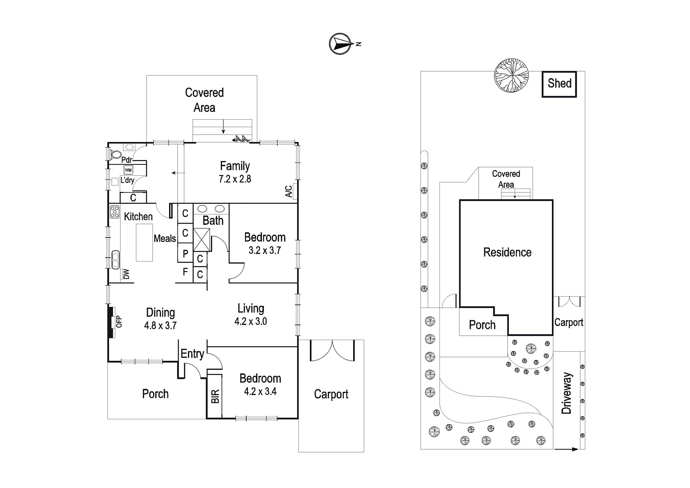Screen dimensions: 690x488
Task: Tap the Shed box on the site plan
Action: (559, 85)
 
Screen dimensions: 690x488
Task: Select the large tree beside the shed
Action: (511, 75)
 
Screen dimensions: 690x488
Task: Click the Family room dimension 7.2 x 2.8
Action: (235, 179)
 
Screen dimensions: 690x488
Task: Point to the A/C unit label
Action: (289, 191)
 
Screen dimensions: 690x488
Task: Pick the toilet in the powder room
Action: (116, 154)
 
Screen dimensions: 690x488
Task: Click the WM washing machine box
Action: (129, 170)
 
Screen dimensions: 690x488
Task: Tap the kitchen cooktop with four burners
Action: (115, 212)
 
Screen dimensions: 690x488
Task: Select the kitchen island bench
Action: (144, 242)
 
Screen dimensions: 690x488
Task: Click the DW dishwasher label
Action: (126, 274)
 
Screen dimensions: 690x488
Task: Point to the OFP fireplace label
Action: (119, 321)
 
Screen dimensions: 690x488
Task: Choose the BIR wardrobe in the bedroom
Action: (214, 396)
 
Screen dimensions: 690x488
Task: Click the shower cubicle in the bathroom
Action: (201, 239)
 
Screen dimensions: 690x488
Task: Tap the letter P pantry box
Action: (185, 253)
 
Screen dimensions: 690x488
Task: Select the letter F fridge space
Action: (185, 272)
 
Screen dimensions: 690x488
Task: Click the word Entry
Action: (192, 354)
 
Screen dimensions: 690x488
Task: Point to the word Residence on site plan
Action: (507, 252)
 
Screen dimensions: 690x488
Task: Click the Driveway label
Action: (567, 393)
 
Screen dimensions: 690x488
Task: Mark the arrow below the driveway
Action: (566, 449)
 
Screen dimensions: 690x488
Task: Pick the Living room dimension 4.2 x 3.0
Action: (251, 321)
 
